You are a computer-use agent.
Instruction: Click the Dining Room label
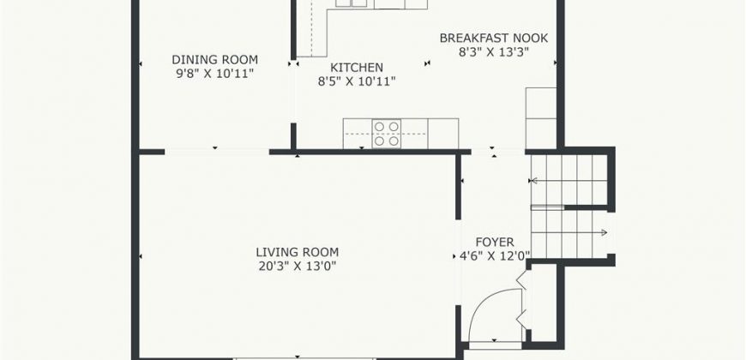point(214,60)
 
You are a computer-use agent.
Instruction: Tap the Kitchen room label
point(357,68)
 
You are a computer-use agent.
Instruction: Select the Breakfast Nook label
point(494,38)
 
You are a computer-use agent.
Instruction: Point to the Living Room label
point(298,252)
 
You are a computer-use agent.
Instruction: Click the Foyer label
point(495,243)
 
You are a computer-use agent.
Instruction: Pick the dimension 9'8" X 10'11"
point(214,74)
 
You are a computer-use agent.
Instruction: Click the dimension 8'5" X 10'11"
point(357,81)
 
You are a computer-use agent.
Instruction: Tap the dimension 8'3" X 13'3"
point(494,51)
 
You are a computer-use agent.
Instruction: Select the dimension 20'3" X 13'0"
point(298,266)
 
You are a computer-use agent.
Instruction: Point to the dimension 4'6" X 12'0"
point(495,256)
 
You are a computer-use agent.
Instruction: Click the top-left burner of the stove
point(379,127)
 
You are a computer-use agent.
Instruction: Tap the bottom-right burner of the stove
point(394,141)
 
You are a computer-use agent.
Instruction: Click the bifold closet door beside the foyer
point(522,300)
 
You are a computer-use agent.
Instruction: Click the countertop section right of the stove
point(443,134)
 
